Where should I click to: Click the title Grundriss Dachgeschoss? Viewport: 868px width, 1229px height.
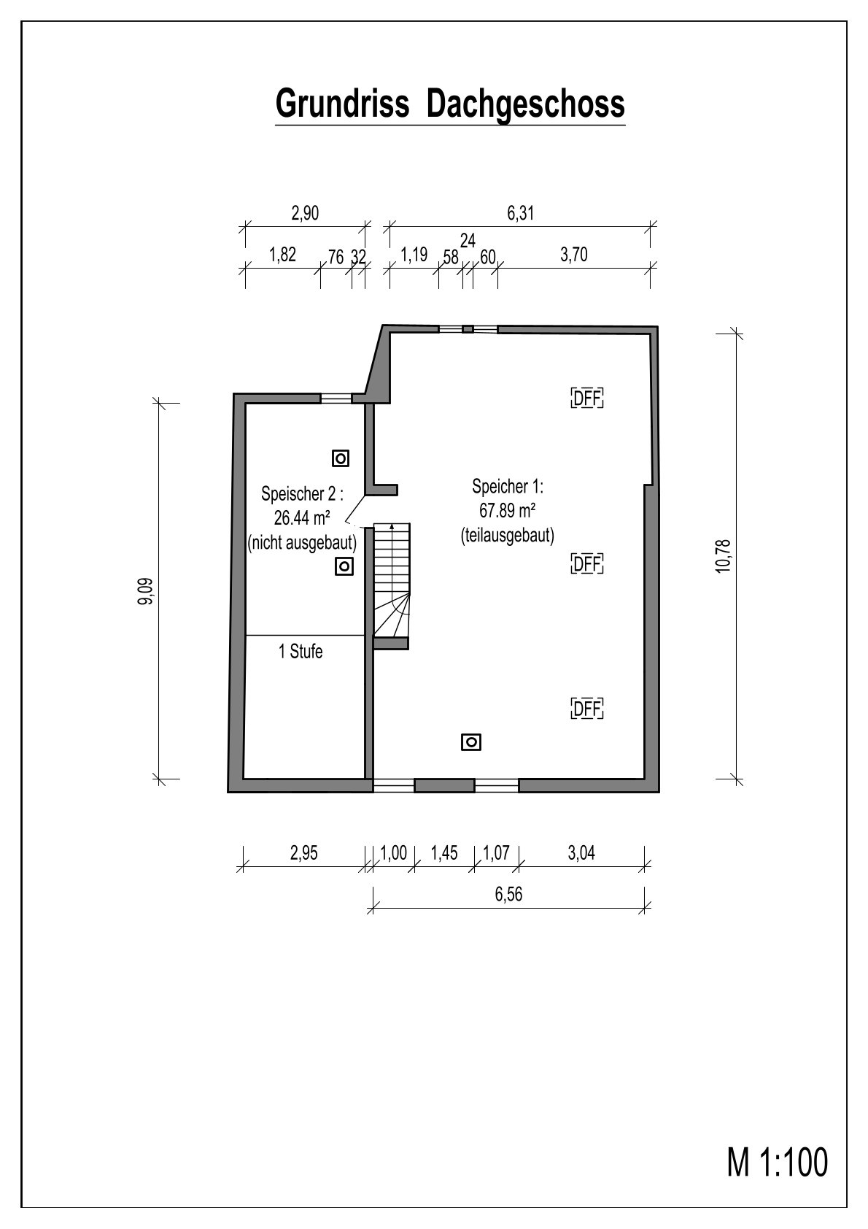point(449,104)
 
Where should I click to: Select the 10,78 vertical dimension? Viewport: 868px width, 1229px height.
point(724,556)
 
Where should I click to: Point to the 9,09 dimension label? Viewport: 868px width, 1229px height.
point(146,591)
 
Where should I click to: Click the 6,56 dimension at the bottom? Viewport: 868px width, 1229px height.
point(508,894)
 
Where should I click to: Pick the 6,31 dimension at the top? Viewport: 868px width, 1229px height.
point(520,213)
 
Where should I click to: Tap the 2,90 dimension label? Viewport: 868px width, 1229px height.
point(305,213)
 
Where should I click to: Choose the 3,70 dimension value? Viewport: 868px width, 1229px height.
point(573,255)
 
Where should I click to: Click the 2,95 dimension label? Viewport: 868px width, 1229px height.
point(303,852)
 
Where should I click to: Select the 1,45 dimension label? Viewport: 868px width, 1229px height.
point(444,852)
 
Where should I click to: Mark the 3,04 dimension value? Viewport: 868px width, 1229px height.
point(581,852)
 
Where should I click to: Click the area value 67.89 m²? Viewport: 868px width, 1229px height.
point(507,511)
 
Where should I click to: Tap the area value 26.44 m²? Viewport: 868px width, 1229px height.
point(302,517)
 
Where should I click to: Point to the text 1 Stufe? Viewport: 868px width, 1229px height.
point(301,651)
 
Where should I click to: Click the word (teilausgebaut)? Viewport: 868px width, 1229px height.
point(507,536)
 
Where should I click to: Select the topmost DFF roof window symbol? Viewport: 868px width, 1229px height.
point(587,398)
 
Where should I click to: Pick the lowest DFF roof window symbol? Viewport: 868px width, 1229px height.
point(587,709)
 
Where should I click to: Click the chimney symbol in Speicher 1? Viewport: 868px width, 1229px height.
point(471,742)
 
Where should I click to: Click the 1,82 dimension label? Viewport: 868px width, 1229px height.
point(282,255)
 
